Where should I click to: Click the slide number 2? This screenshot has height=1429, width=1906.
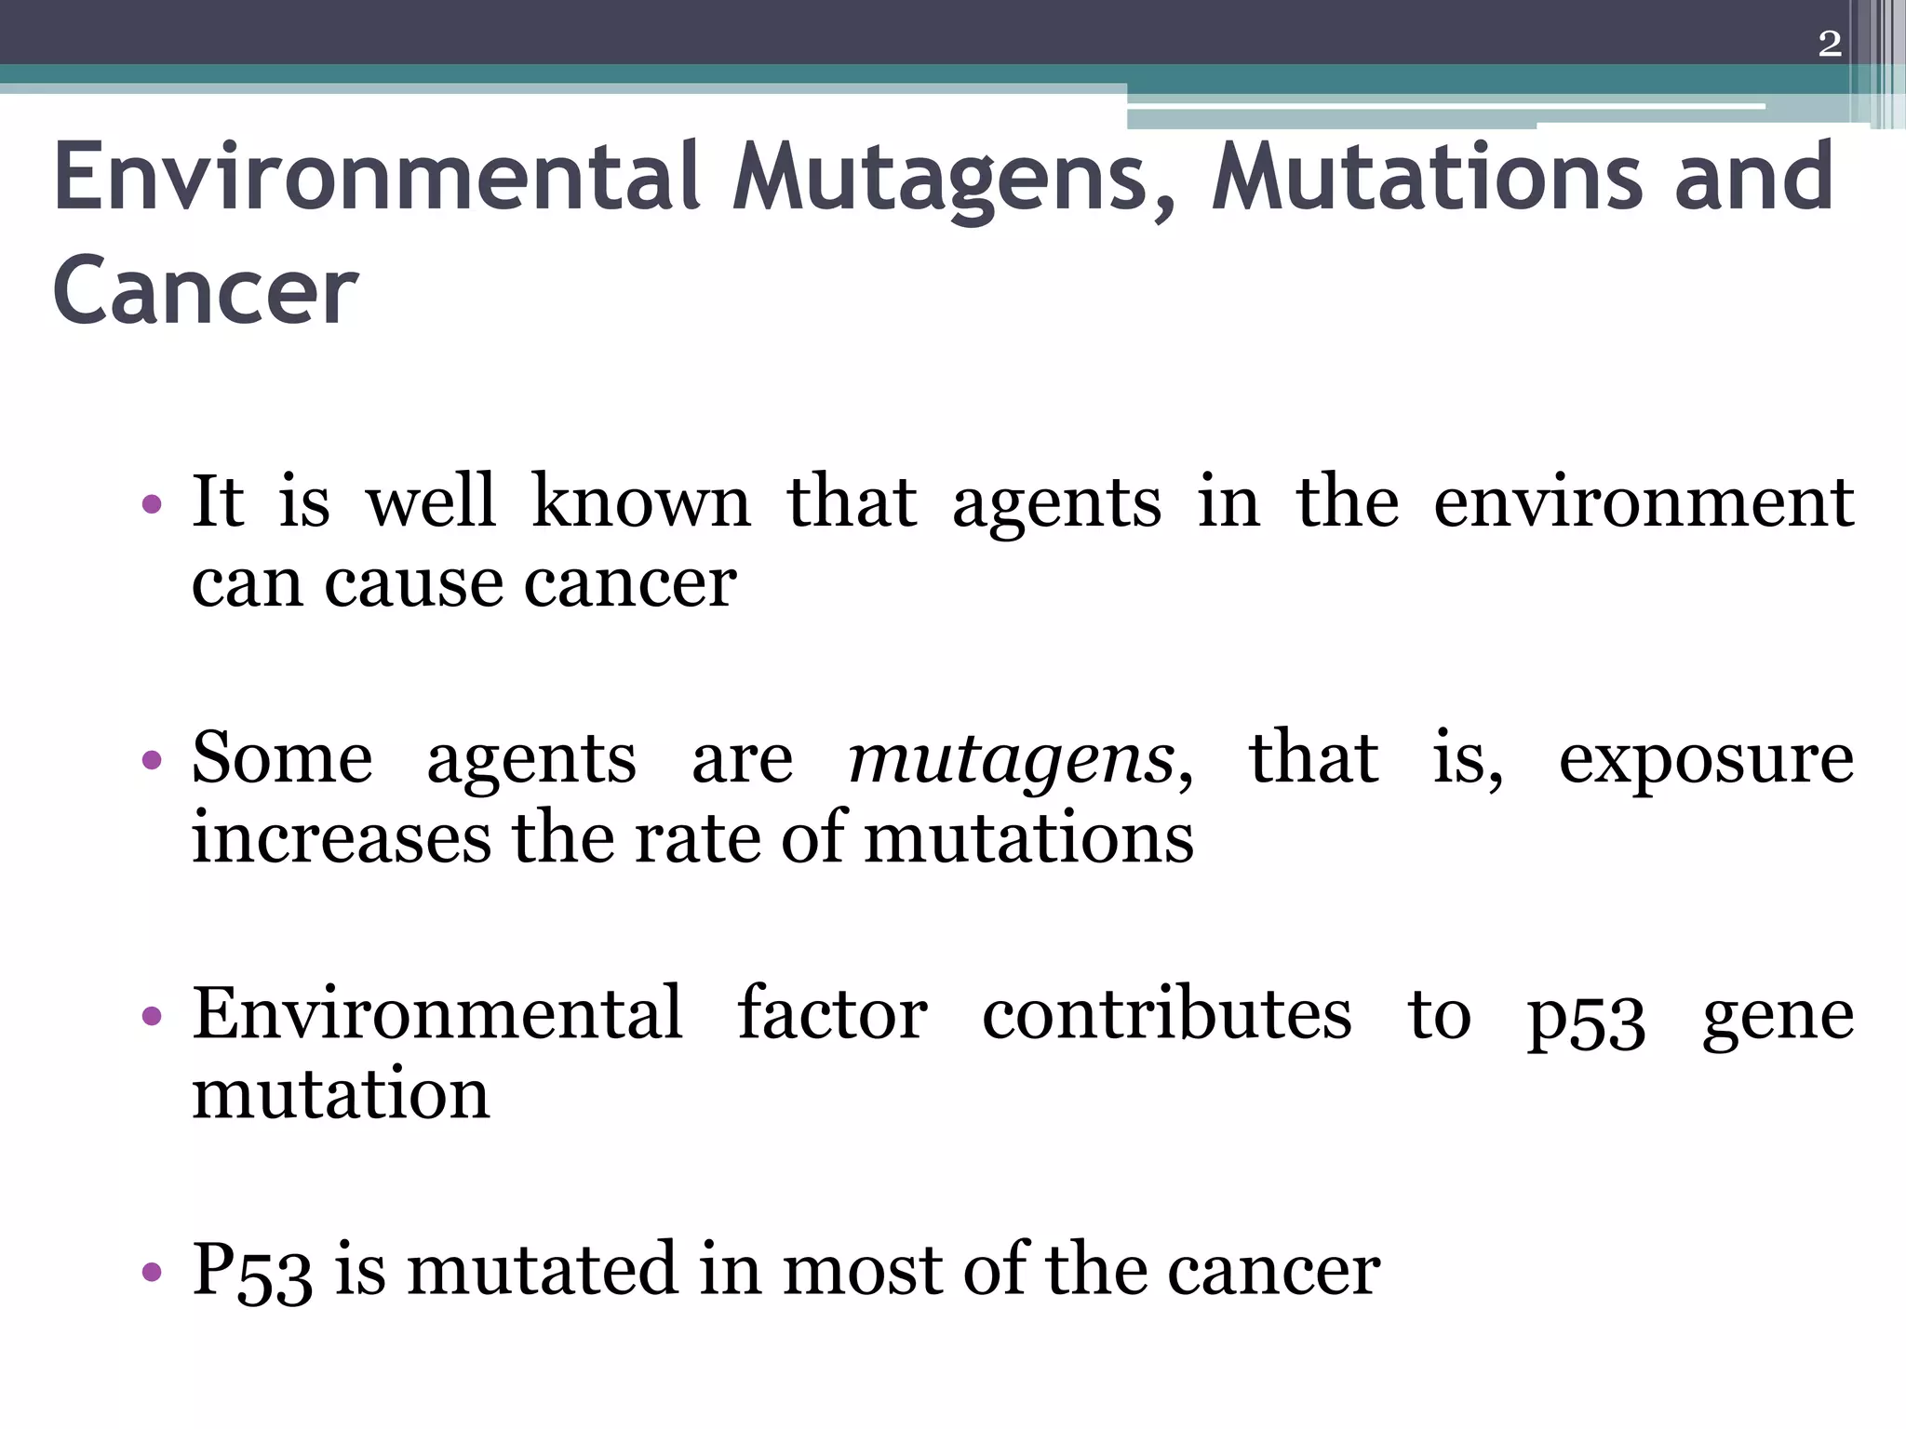pyautogui.click(x=1829, y=44)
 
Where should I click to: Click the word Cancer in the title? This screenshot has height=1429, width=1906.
pyautogui.click(x=205, y=291)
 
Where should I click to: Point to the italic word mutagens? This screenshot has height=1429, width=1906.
pyautogui.click(x=1012, y=759)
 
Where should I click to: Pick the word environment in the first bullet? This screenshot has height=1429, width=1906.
pyautogui.click(x=1644, y=502)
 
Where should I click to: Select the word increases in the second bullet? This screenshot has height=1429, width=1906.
pyautogui.click(x=341, y=837)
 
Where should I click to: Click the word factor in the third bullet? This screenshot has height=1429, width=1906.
pyautogui.click(x=832, y=1014)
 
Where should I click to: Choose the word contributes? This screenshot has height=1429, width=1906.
pyautogui.click(x=1166, y=1014)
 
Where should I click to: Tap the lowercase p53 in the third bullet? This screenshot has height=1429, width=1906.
pyautogui.click(x=1586, y=1020)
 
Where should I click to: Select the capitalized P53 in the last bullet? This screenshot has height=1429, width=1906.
pyautogui.click(x=251, y=1271)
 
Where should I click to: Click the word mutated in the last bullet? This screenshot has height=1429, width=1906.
pyautogui.click(x=541, y=1269)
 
